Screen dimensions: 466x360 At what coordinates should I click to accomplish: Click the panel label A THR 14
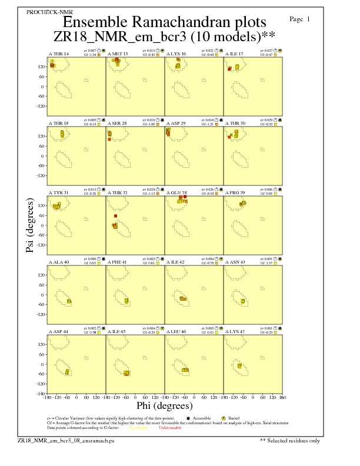[x=58, y=54]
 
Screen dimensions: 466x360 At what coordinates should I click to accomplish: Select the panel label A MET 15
[x=117, y=54]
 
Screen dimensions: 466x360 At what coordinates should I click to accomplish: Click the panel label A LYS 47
[x=235, y=332]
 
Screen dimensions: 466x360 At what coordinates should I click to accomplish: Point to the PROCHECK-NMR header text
[x=42, y=12]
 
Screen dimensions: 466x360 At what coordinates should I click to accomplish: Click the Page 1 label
[x=300, y=19]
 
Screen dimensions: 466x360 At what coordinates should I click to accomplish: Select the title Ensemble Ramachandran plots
[x=165, y=23]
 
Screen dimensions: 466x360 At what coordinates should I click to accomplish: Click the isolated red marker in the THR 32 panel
[x=115, y=216]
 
